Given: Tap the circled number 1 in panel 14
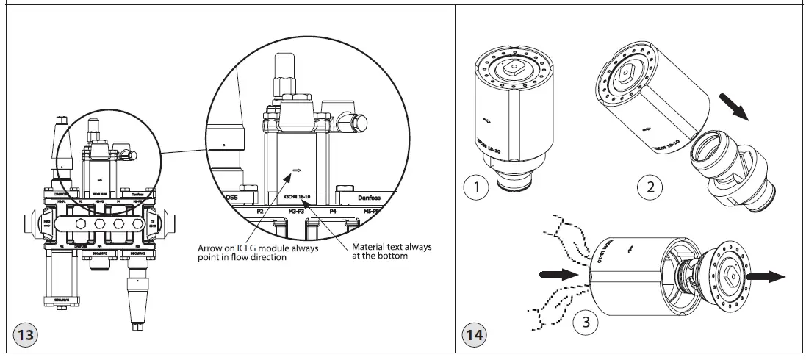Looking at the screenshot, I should tap(479, 187).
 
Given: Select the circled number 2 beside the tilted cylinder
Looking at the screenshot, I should tap(650, 187).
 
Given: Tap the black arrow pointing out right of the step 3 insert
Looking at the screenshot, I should tap(766, 277).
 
